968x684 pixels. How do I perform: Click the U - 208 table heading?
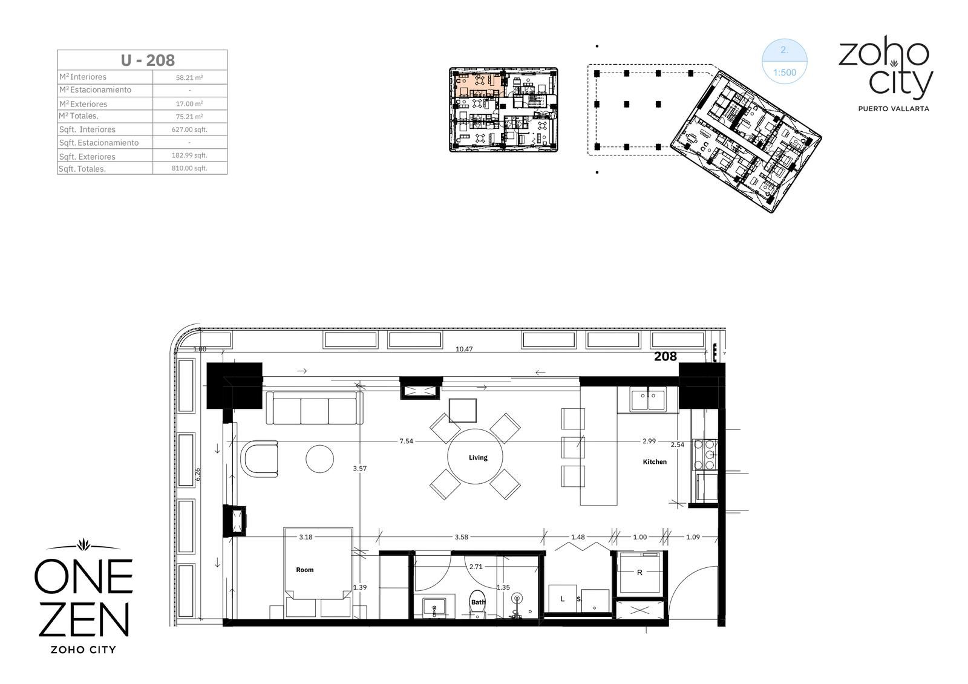[x=148, y=60]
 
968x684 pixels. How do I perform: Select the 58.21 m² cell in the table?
[x=189, y=78]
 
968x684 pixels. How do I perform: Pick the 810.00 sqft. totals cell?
[x=189, y=168]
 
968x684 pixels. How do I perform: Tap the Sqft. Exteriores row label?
[x=87, y=157]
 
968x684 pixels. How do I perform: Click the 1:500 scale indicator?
[x=784, y=73]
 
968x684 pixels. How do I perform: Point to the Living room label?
[x=478, y=457]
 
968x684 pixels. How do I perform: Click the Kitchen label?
[x=654, y=461]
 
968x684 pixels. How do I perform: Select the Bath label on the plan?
[x=478, y=602]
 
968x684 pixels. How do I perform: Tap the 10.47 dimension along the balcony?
[x=464, y=349]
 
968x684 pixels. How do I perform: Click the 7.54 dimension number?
[x=406, y=441]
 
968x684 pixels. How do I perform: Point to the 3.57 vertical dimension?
[x=359, y=468]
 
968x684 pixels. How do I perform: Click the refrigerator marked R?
[x=640, y=572]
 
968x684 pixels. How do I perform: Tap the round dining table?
[x=475, y=456]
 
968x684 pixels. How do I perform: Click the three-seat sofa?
[x=314, y=408]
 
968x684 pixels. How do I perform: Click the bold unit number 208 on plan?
[x=665, y=356]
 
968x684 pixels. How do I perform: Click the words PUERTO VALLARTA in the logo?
[x=893, y=109]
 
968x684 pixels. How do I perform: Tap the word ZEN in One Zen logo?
[x=84, y=620]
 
